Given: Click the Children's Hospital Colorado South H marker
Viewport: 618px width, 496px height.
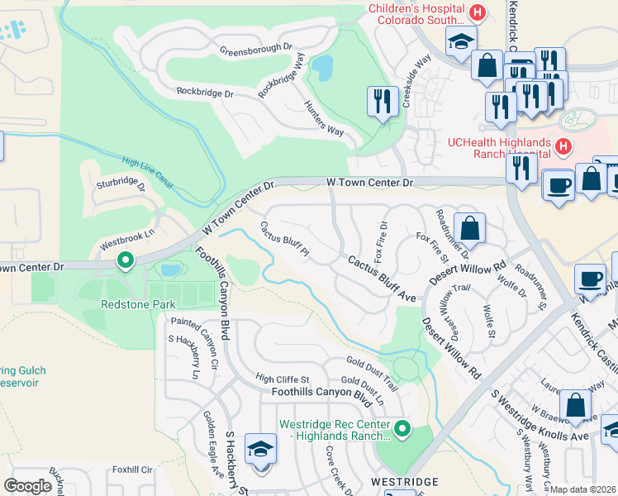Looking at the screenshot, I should point(477,12).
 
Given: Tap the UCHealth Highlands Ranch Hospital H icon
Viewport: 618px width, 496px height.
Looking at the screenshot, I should point(563,147).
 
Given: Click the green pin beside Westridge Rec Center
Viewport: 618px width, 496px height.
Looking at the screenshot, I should point(402,428).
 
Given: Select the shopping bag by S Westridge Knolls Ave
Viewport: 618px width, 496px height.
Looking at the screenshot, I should point(575,408).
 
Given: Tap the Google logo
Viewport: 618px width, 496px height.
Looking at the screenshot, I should point(27,486).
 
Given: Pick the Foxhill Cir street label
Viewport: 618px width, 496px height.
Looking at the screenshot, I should point(135,469).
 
